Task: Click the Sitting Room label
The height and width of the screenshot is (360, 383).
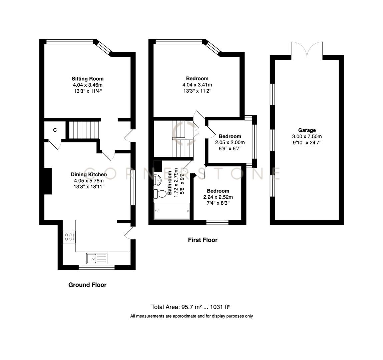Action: pos(88,79)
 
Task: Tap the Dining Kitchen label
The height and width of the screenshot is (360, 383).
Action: pos(89,174)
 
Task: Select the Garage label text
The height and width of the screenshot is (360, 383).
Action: pos(307,130)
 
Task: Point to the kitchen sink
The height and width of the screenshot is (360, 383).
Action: pos(97,258)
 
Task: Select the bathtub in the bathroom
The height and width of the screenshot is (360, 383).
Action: pos(172,211)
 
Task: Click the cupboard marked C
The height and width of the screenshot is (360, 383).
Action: pos(54,130)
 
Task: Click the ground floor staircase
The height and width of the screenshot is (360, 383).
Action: pos(84,130)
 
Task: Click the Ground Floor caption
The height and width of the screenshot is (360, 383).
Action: pos(87,285)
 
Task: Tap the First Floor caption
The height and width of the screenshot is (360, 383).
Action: pos(203,240)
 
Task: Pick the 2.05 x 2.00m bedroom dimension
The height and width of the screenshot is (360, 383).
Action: pos(230,142)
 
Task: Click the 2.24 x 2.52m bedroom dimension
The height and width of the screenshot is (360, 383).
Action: pos(218,197)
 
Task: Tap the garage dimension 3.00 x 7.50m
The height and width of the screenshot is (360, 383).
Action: pos(307,136)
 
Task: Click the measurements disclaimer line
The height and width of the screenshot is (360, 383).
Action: pos(191,316)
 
